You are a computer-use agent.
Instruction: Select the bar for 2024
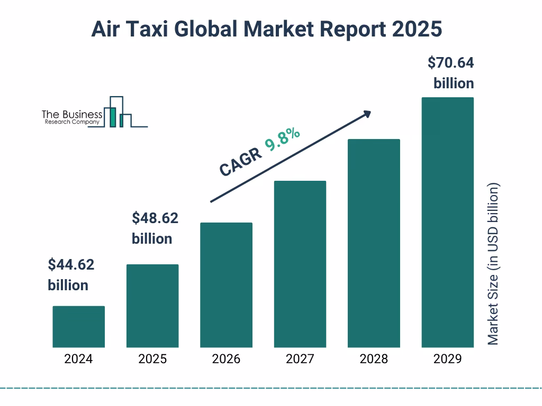pos(78,327)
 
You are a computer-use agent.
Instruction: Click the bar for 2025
pos(152,306)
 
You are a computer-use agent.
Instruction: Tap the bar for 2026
pos(226,285)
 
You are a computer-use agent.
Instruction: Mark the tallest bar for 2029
pos(447,223)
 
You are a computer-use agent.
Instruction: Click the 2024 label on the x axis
pos(78,359)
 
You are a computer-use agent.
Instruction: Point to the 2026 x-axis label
pos(226,359)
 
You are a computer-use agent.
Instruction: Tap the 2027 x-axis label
pos(300,359)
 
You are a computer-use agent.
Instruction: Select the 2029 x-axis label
pos(447,359)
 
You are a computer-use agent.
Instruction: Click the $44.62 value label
pos(70,264)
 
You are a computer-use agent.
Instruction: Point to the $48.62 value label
pos(155,218)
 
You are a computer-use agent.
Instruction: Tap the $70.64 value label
pos(450,63)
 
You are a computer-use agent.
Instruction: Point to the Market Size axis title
pos(493,264)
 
